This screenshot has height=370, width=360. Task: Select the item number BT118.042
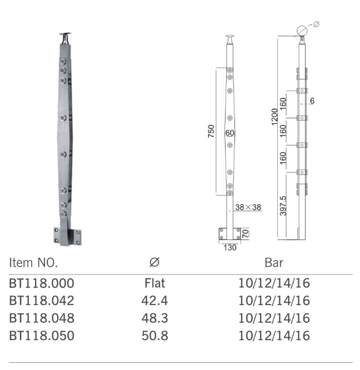42,302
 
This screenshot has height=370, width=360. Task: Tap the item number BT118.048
42,319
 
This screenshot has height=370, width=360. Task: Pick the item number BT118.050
42,336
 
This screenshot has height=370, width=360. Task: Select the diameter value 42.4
154,302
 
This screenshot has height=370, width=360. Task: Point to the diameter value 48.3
154,319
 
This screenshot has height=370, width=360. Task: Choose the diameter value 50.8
154,336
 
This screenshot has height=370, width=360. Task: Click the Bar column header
274,262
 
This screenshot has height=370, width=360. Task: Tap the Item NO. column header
33,262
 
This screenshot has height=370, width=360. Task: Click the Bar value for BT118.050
274,336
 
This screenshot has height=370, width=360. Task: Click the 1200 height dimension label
273,117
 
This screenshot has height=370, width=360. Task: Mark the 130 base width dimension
230,248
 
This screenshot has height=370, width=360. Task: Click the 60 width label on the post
230,133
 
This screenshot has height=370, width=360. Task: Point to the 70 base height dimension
245,233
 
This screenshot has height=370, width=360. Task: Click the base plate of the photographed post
67,236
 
